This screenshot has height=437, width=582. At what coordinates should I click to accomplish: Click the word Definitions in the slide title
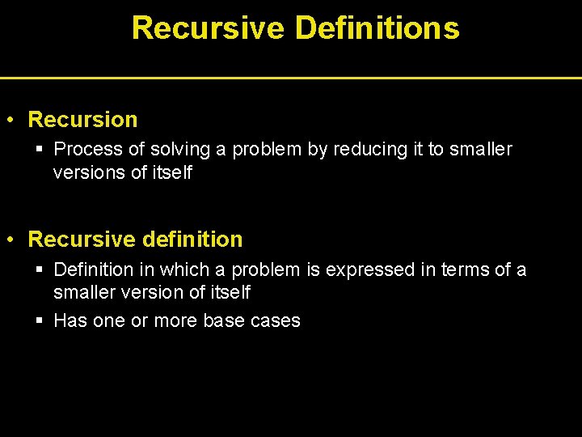[377, 28]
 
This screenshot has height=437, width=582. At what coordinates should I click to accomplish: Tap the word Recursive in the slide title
[208, 28]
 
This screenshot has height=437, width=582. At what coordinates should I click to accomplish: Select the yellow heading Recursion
[82, 120]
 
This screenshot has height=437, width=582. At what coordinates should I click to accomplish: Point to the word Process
[86, 150]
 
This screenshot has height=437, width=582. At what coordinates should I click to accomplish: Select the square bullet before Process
[40, 150]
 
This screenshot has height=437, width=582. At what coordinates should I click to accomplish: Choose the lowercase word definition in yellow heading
[192, 240]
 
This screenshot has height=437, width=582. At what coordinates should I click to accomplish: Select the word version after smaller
[147, 292]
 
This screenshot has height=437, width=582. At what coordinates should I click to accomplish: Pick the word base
[224, 320]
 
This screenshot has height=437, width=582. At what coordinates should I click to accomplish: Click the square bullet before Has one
[40, 320]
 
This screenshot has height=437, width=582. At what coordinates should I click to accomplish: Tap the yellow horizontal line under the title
[291, 78]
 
